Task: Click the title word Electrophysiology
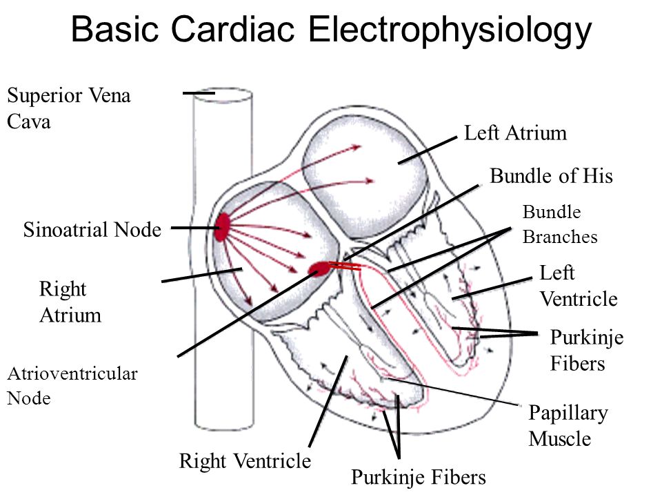click(x=450, y=32)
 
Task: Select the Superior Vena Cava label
click(x=68, y=108)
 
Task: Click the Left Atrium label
click(x=516, y=133)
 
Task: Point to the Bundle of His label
click(x=551, y=177)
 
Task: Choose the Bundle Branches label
click(x=560, y=224)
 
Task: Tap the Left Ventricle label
click(x=578, y=286)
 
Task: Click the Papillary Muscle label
click(x=568, y=426)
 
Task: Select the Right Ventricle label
click(x=245, y=461)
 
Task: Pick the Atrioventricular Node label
click(x=72, y=386)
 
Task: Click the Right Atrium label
click(x=70, y=302)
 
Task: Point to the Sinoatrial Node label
click(x=92, y=230)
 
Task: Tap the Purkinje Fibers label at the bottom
click(x=419, y=476)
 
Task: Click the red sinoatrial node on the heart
click(x=222, y=226)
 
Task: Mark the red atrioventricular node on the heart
click(x=320, y=268)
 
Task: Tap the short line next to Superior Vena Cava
click(x=199, y=92)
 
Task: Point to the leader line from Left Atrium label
click(x=428, y=150)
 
